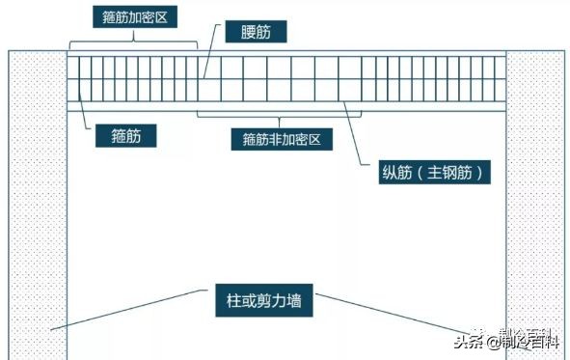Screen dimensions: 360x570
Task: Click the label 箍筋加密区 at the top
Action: point(134,17)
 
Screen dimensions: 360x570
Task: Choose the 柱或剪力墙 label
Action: point(258,301)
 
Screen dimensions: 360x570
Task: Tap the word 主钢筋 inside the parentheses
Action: point(453,175)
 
